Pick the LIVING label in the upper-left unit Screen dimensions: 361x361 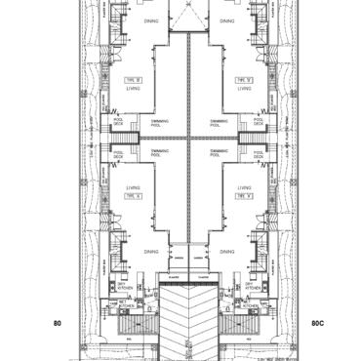(x=135, y=88)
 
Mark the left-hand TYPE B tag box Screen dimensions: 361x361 (x=135, y=78)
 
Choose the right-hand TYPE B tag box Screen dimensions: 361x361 (x=244, y=78)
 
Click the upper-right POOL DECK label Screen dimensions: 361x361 (x=257, y=123)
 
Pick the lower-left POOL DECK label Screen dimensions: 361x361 (x=122, y=153)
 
